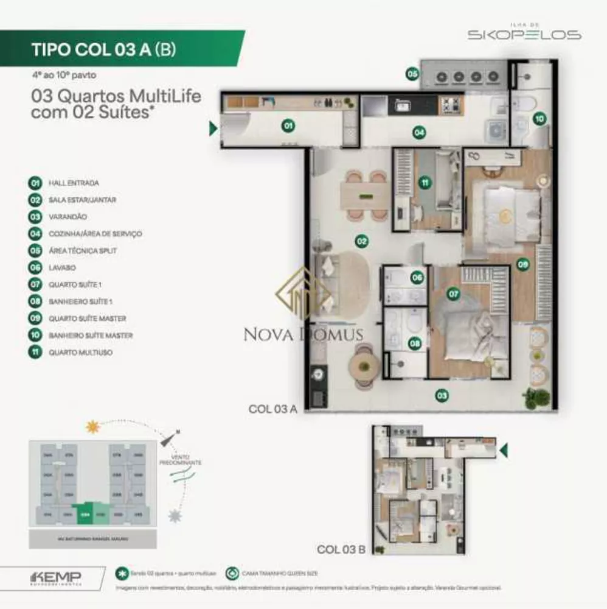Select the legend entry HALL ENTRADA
tap(74, 183)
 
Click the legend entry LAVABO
tap(61, 267)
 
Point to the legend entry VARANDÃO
tap(68, 216)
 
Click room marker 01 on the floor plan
tap(288, 127)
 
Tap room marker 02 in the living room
tap(362, 242)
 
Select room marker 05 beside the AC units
tap(412, 74)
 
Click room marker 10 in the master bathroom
tap(539, 119)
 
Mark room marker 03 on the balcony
tap(442, 396)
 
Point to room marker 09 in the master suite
tap(522, 264)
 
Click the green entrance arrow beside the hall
tap(213, 128)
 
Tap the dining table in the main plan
tap(363, 195)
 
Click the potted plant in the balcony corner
tap(536, 398)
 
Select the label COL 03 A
tap(272, 409)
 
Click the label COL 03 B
tap(341, 549)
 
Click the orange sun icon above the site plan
tap(92, 427)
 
